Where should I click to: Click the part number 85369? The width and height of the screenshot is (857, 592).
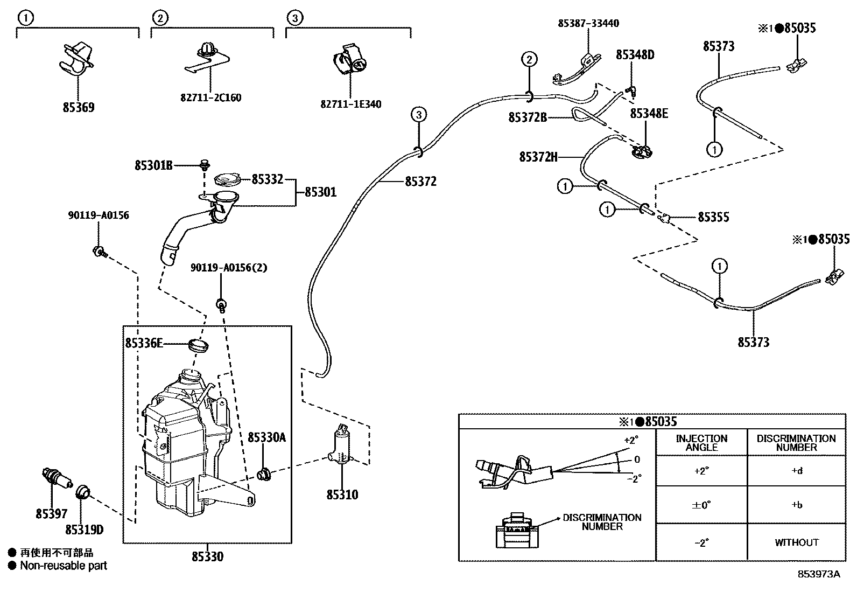79,107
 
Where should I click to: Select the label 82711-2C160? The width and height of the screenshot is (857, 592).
210,97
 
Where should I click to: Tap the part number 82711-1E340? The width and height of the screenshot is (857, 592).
350,104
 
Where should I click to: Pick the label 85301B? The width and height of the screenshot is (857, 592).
153,165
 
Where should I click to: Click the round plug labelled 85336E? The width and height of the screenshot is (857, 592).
198,345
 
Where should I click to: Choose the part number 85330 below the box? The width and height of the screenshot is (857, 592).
207,556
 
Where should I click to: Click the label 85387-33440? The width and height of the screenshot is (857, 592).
588,23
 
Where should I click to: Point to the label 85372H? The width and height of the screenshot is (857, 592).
538,157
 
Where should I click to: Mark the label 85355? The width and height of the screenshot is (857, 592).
713,217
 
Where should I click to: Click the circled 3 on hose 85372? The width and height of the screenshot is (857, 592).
419,114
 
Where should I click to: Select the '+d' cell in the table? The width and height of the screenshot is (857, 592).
797,471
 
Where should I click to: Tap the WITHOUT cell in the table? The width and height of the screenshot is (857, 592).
797,542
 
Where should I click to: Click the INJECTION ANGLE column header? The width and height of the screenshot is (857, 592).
701,443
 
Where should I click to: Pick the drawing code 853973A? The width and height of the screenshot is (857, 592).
819,574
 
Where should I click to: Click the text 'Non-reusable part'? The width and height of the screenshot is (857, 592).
64,566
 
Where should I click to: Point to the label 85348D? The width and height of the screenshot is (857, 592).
635,55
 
